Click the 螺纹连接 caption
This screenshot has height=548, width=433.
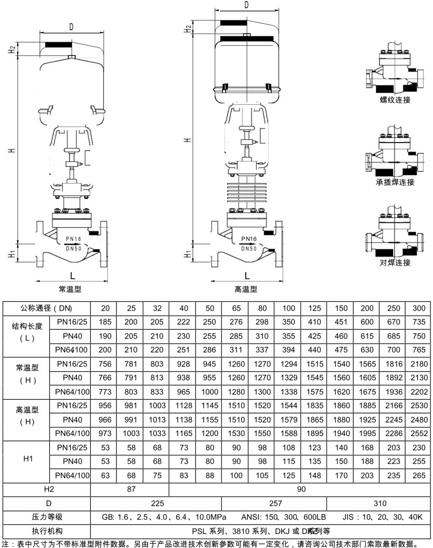point(395,100)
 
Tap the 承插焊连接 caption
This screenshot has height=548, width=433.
point(395,182)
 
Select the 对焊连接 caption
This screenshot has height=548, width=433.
point(395,263)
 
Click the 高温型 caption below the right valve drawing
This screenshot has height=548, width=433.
point(246,289)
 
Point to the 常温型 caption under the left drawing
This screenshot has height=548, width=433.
point(69,289)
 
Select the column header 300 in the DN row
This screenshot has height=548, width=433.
point(418,308)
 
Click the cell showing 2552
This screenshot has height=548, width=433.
point(418,432)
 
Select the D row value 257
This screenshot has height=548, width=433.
point(274,503)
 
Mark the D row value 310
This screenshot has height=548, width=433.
point(379,503)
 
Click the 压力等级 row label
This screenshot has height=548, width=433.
point(45,517)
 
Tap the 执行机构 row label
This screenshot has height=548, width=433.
point(45,531)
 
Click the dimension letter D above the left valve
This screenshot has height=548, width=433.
point(71,26)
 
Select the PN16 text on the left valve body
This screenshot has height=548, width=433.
point(73,239)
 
